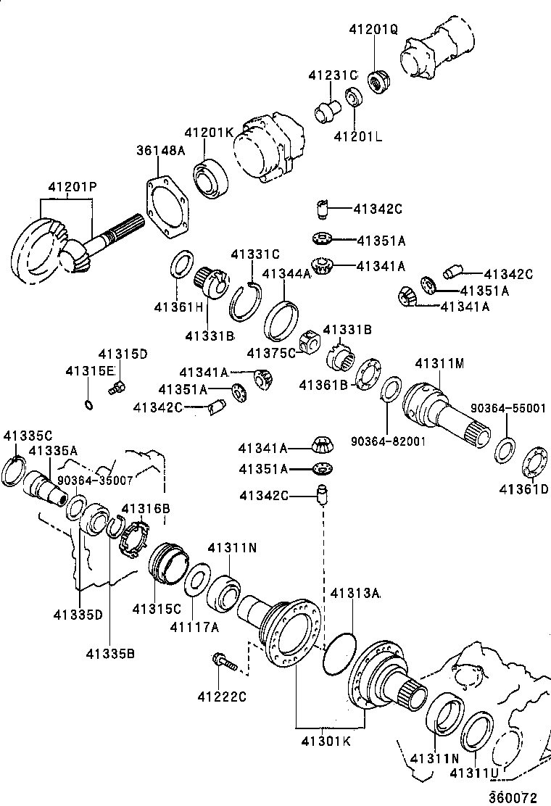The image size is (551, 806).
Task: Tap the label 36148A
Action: pyautogui.click(x=160, y=150)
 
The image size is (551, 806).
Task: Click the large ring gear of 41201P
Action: pyautogui.click(x=38, y=250)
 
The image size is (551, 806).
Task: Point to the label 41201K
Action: pyautogui.click(x=208, y=133)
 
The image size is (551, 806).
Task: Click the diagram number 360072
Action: pyautogui.click(x=512, y=797)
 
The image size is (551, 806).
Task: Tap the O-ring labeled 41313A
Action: pyautogui.click(x=338, y=655)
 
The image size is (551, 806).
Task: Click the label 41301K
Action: pyautogui.click(x=326, y=742)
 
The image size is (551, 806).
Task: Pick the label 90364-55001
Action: pyautogui.click(x=507, y=408)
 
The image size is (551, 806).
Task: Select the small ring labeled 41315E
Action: pyautogui.click(x=88, y=404)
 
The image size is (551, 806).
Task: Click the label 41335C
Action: pyautogui.click(x=28, y=436)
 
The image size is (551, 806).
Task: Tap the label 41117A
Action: pyautogui.click(x=194, y=627)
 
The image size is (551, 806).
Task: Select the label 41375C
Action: pyautogui.click(x=272, y=352)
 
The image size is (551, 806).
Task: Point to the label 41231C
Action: pyautogui.click(x=333, y=75)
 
